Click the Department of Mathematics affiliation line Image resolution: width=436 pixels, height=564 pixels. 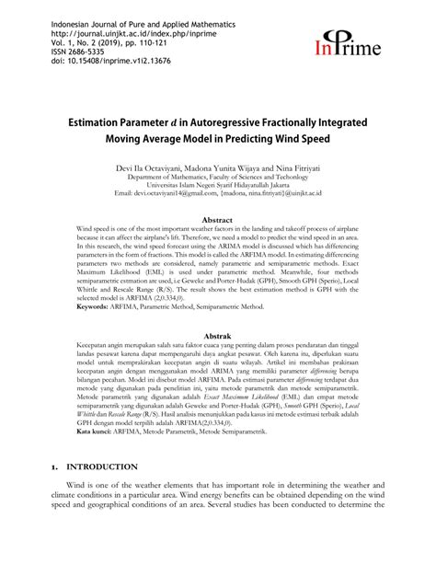click(218, 180)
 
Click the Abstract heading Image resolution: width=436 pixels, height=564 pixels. click(217, 221)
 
